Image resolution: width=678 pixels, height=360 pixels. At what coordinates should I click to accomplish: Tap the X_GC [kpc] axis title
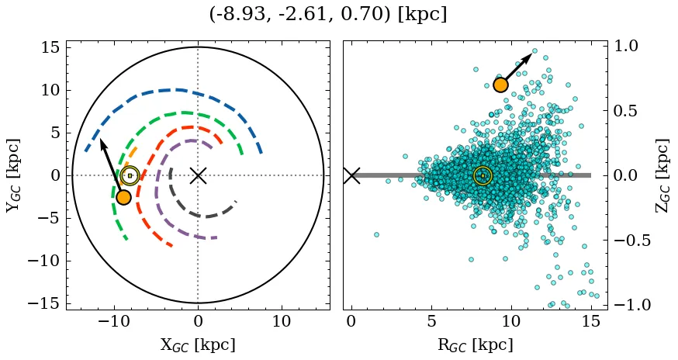coord(198,344)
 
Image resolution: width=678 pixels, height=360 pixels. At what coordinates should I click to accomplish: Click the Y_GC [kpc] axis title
coord(12,176)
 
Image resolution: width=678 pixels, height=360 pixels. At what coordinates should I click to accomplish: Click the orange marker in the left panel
coord(123,197)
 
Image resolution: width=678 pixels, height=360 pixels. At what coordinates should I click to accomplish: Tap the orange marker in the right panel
coord(500,85)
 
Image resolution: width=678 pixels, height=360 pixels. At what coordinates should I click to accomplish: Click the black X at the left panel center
coord(198,175)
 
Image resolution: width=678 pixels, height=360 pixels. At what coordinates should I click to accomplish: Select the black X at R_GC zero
coord(351,175)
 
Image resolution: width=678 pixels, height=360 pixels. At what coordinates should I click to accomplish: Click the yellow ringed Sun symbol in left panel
coord(130,175)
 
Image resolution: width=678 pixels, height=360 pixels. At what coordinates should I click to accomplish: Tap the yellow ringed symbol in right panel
coord(483,175)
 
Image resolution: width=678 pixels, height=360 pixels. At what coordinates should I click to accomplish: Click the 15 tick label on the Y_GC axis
coord(50,47)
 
